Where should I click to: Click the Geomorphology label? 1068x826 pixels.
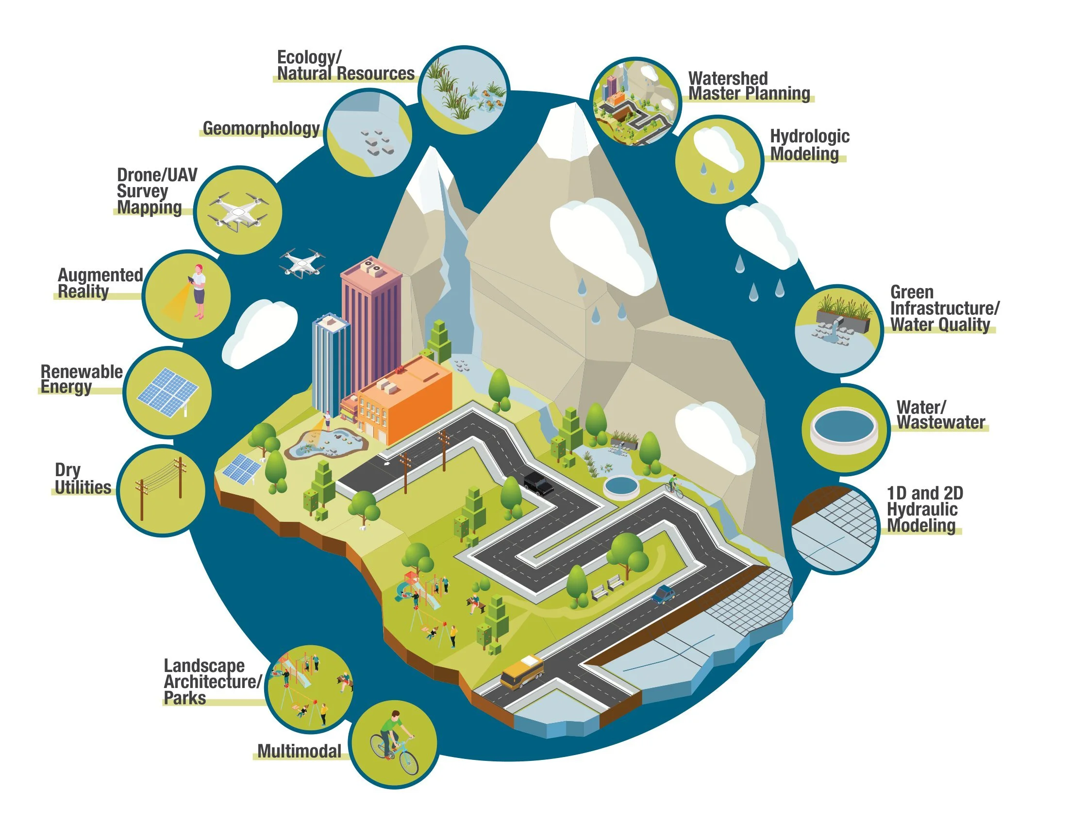[x=261, y=128]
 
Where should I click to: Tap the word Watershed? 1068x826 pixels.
[x=728, y=78]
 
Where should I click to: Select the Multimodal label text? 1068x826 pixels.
[x=299, y=751]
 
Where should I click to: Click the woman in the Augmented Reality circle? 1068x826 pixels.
[x=199, y=292]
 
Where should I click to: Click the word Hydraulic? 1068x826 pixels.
[x=922, y=509]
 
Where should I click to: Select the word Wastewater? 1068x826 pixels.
[x=940, y=422]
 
